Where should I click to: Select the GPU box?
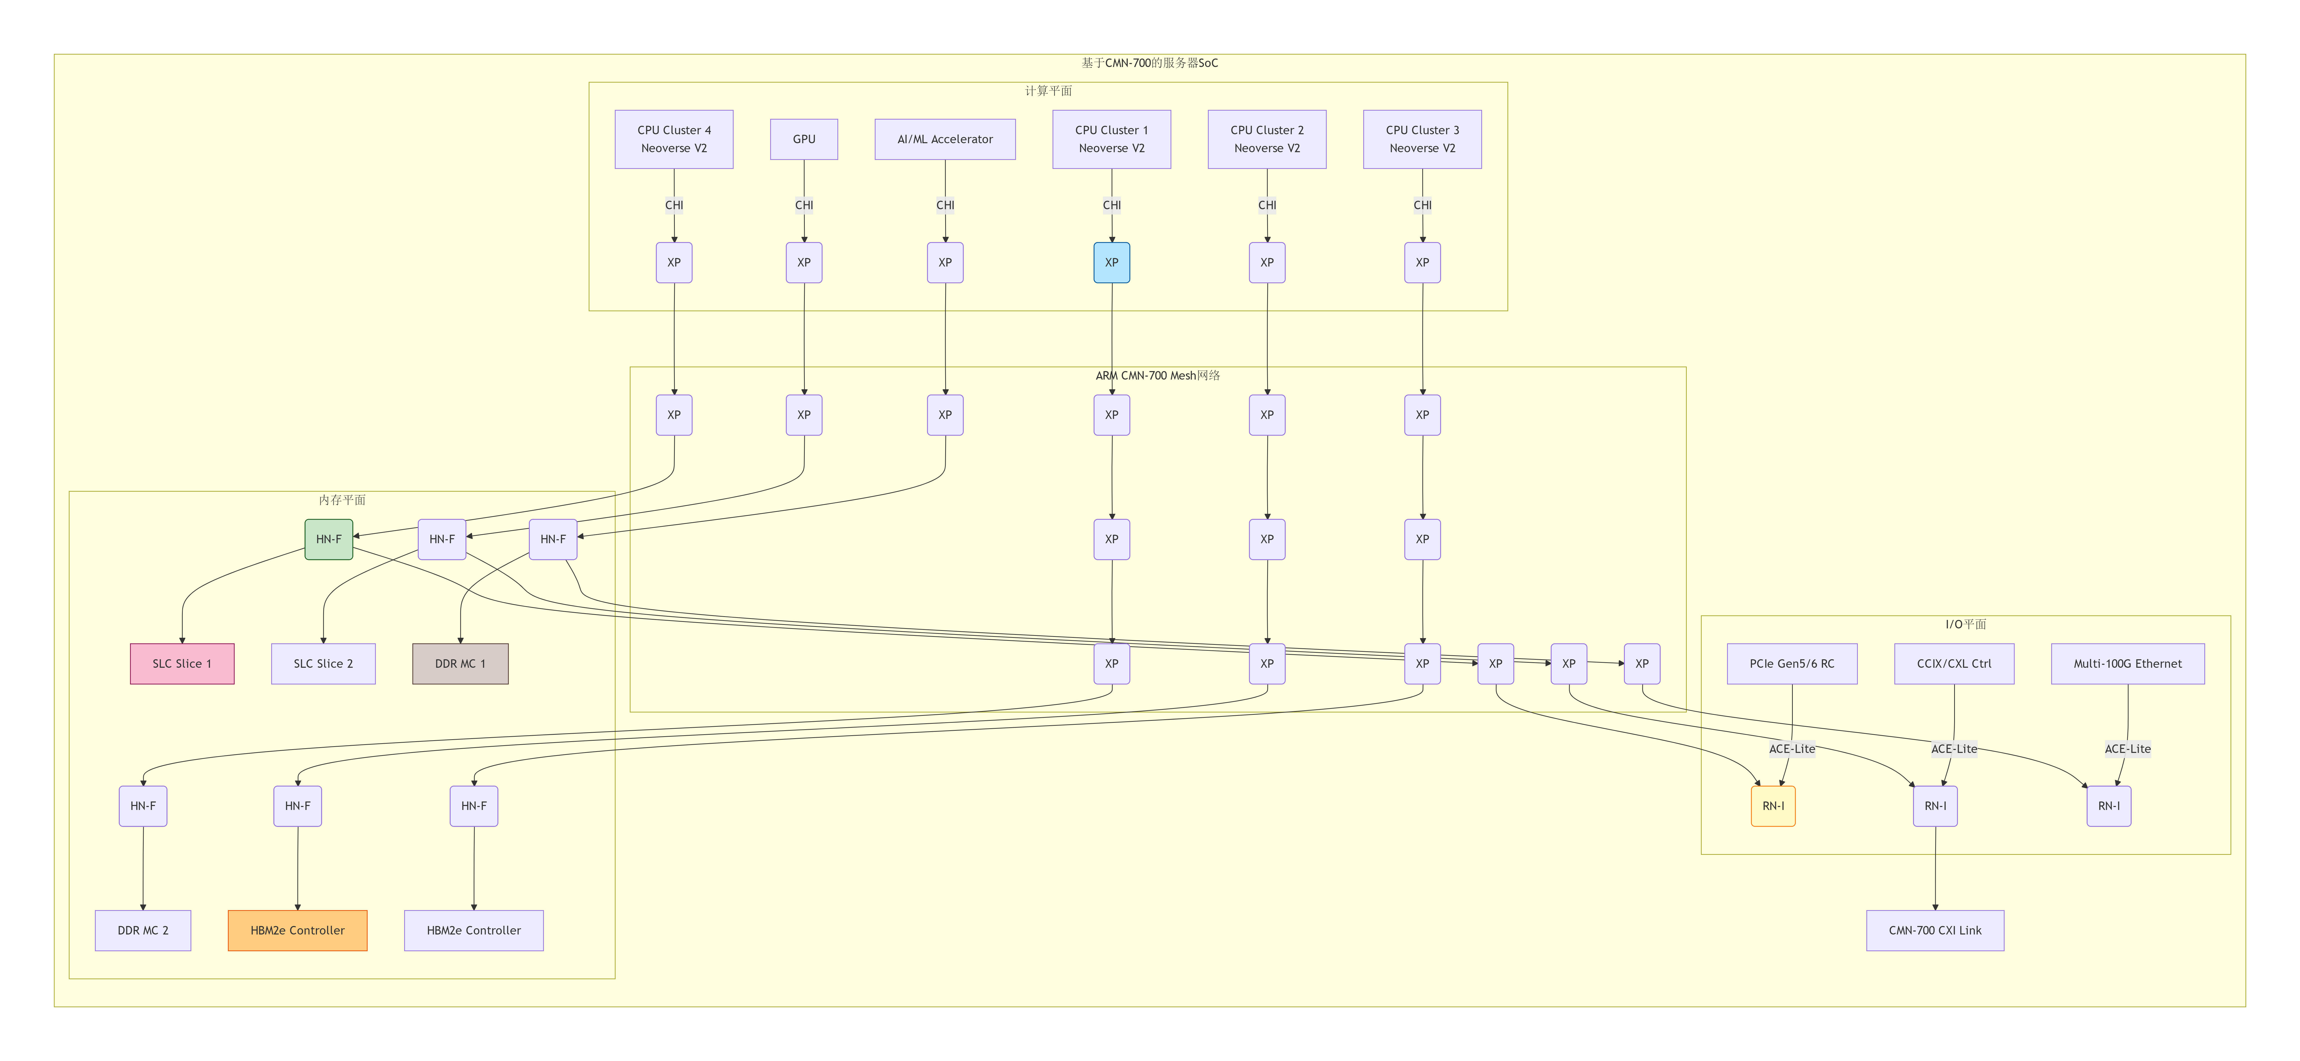pyautogui.click(x=804, y=139)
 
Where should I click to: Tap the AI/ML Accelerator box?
pyautogui.click(x=945, y=139)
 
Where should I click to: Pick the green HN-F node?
pyautogui.click(x=329, y=539)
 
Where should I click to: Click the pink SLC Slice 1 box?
pyautogui.click(x=182, y=663)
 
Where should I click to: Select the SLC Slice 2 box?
pyautogui.click(x=323, y=663)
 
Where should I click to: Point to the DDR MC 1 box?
pyautogui.click(x=460, y=663)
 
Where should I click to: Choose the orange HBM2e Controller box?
pyautogui.click(x=297, y=930)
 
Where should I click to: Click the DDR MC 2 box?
pyautogui.click(x=143, y=930)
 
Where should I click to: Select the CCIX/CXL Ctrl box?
pyautogui.click(x=1954, y=663)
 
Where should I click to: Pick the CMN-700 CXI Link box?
pyautogui.click(x=1935, y=930)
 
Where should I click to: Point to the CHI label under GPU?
pyautogui.click(x=804, y=205)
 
